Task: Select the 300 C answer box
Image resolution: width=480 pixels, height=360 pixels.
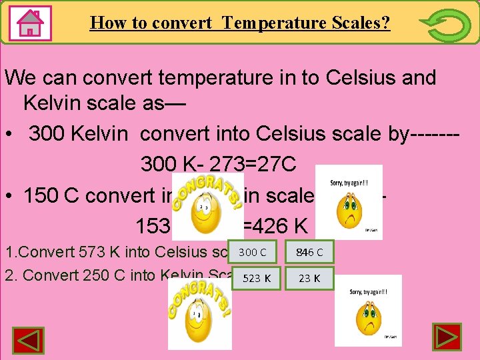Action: tap(253, 252)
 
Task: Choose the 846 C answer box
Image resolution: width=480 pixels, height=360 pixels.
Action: tap(309, 252)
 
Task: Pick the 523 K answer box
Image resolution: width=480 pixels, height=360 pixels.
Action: tap(253, 278)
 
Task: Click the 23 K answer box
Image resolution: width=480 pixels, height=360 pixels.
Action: tap(309, 278)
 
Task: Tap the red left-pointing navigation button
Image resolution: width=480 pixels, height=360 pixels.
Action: tap(29, 339)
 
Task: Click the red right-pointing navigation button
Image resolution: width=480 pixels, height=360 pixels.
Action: tap(447, 338)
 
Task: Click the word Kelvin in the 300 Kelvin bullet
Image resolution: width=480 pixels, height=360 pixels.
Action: tap(106, 134)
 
